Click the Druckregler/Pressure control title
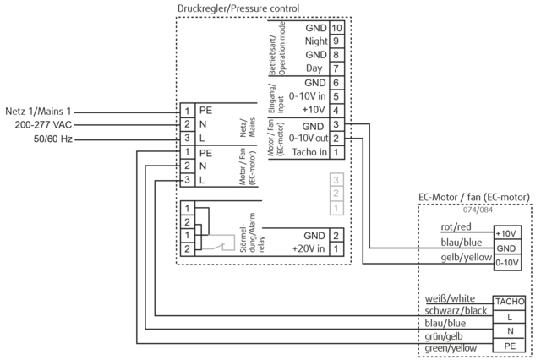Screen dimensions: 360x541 point(238,8)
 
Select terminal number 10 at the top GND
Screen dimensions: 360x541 point(336,27)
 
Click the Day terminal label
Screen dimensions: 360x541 point(315,68)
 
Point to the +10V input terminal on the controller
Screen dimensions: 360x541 point(313,110)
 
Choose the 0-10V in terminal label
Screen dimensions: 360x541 point(308,96)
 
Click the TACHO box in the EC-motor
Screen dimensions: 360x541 point(510,301)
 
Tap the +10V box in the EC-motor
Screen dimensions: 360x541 point(506,232)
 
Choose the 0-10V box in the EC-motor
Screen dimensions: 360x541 point(506,262)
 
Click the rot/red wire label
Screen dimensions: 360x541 point(457,226)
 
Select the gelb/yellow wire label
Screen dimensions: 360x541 point(466,257)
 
